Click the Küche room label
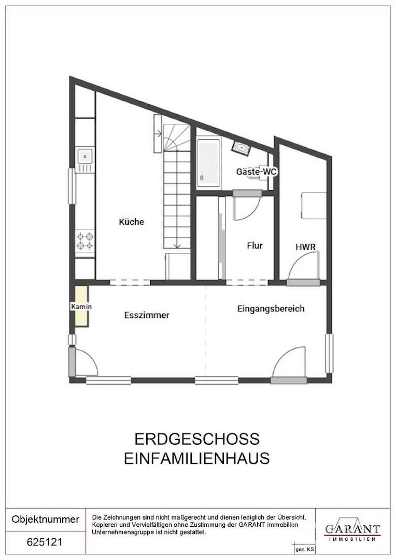pyautogui.click(x=131, y=222)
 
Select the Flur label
pyautogui.click(x=254, y=245)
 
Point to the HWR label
pyautogui.click(x=305, y=247)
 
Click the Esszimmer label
pyautogui.click(x=147, y=315)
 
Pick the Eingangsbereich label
pyautogui.click(x=271, y=309)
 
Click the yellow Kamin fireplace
pyautogui.click(x=81, y=306)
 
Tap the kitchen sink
pyautogui.click(x=86, y=156)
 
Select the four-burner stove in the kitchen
pyautogui.click(x=86, y=241)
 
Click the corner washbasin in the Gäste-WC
pyautogui.click(x=241, y=148)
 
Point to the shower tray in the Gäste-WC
pyautogui.click(x=208, y=163)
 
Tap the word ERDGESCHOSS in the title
pyautogui.click(x=197, y=439)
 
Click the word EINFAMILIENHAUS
pyautogui.click(x=197, y=458)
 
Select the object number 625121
pyautogui.click(x=45, y=542)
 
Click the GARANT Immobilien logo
pyautogui.click(x=352, y=531)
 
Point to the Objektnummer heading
pyautogui.click(x=46, y=519)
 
